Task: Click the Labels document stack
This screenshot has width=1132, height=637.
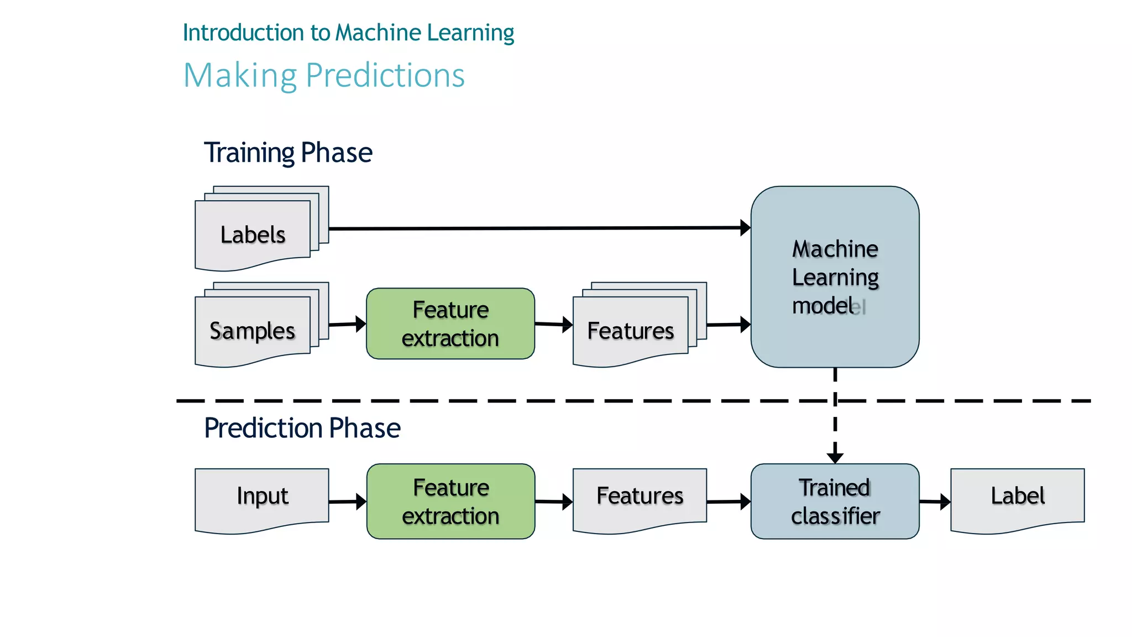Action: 253,234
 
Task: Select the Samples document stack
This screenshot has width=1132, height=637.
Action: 253,331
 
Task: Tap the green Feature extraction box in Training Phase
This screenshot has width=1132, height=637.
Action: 450,323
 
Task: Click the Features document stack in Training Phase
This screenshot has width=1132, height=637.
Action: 631,331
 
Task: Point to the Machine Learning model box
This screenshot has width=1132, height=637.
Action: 835,276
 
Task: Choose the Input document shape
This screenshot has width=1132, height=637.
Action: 262,497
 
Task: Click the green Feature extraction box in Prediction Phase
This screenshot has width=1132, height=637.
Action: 450,501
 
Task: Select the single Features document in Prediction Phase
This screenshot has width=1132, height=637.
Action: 640,497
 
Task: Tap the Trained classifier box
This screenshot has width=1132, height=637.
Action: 835,501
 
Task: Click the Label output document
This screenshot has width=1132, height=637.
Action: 1017,497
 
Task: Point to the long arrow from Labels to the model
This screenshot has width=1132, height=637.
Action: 536,228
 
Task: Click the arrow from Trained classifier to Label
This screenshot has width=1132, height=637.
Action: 935,502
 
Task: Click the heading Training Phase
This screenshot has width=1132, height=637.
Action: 288,153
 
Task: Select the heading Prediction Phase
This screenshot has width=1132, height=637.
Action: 302,428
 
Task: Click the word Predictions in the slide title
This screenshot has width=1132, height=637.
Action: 385,76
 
